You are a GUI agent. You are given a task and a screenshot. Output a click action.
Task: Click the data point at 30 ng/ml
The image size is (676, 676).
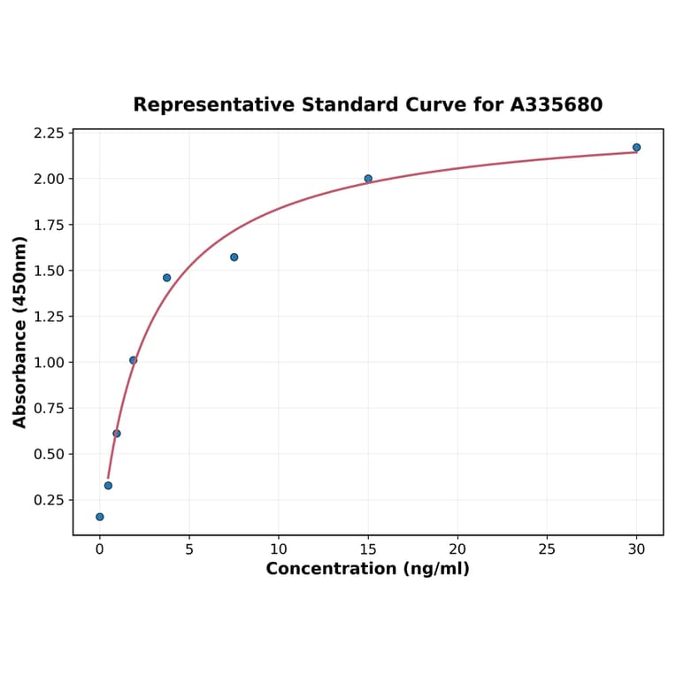pyautogui.click(x=636, y=148)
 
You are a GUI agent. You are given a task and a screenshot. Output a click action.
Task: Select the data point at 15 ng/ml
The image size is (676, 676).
pyautogui.click(x=368, y=179)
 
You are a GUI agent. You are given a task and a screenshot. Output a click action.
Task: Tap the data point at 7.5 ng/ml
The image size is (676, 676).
pyautogui.click(x=234, y=257)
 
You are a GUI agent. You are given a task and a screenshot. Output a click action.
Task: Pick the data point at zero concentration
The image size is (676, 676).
pyautogui.click(x=99, y=517)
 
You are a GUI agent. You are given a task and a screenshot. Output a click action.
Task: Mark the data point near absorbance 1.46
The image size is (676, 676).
pyautogui.click(x=166, y=278)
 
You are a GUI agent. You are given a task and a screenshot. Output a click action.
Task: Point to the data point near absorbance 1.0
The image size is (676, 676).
pyautogui.click(x=133, y=360)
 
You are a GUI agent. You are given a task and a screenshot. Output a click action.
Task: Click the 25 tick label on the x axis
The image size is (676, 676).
pyautogui.click(x=547, y=549)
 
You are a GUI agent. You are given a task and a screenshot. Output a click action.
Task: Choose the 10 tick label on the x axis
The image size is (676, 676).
pyautogui.click(x=278, y=549)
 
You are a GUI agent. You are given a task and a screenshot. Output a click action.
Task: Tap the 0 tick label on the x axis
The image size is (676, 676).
pyautogui.click(x=99, y=549)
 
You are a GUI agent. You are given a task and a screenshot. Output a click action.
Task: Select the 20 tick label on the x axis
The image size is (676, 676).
pyautogui.click(x=457, y=549)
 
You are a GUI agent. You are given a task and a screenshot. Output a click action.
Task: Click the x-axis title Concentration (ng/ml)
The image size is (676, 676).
pyautogui.click(x=367, y=569)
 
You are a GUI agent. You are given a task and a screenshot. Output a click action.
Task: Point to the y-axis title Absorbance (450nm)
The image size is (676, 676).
pyautogui.click(x=20, y=332)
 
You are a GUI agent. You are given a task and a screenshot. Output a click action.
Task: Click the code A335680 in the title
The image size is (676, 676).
pyautogui.click(x=557, y=105)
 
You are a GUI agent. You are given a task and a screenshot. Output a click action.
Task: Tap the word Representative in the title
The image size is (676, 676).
pyautogui.click(x=214, y=105)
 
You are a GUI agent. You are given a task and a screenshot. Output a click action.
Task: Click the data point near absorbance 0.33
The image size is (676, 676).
pyautogui.click(x=108, y=486)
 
